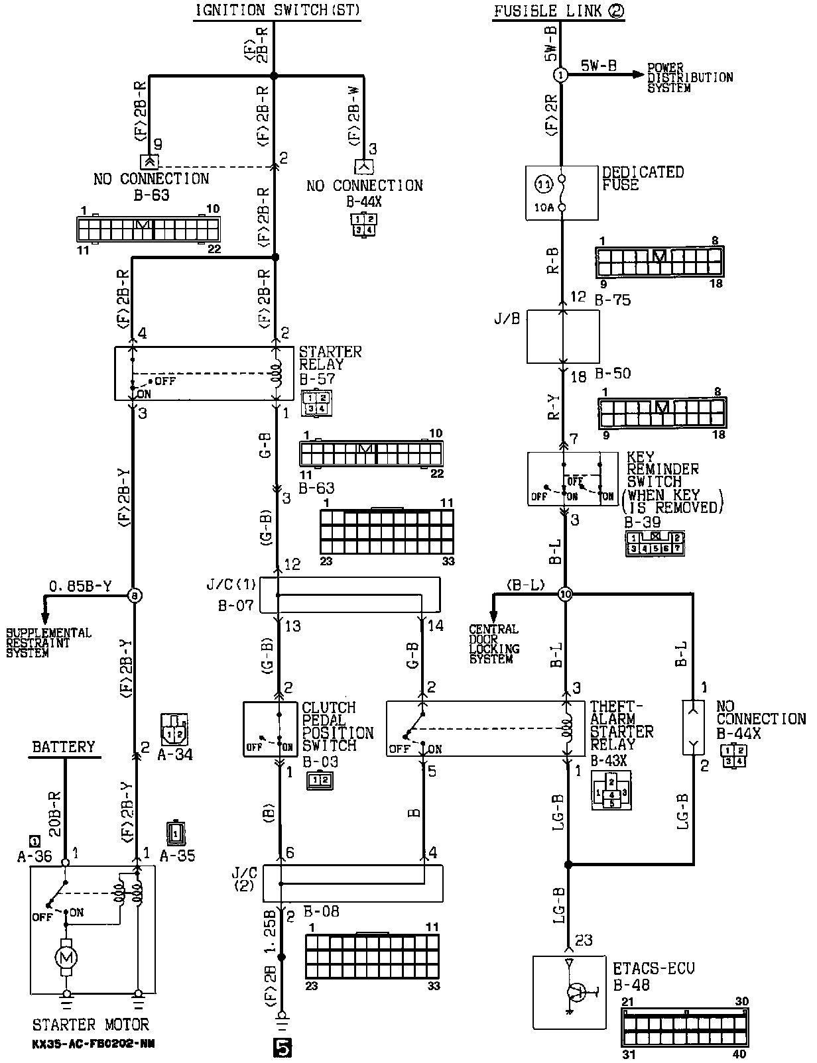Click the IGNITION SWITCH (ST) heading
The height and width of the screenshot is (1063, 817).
click(x=277, y=11)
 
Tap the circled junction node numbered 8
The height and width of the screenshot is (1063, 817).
click(x=135, y=596)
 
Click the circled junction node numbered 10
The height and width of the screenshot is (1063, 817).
click(x=564, y=594)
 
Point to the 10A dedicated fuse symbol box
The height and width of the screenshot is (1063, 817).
click(x=562, y=193)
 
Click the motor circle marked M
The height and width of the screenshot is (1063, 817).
click(x=66, y=957)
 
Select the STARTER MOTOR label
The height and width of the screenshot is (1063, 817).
click(x=91, y=1025)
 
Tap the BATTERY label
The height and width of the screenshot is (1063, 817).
click(x=64, y=747)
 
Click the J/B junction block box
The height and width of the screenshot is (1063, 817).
click(x=562, y=337)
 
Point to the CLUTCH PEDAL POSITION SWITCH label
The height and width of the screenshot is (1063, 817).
click(x=338, y=726)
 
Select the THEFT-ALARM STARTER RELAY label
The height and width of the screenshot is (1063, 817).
click(x=621, y=726)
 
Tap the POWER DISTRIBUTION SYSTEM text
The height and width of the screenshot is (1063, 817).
click(x=690, y=78)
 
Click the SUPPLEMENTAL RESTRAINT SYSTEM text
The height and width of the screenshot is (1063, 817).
click(x=48, y=643)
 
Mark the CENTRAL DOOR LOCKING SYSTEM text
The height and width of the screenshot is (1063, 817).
click(x=494, y=643)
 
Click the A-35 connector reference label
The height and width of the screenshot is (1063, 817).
click(x=178, y=855)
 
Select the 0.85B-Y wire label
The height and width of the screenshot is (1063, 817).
click(x=80, y=586)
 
